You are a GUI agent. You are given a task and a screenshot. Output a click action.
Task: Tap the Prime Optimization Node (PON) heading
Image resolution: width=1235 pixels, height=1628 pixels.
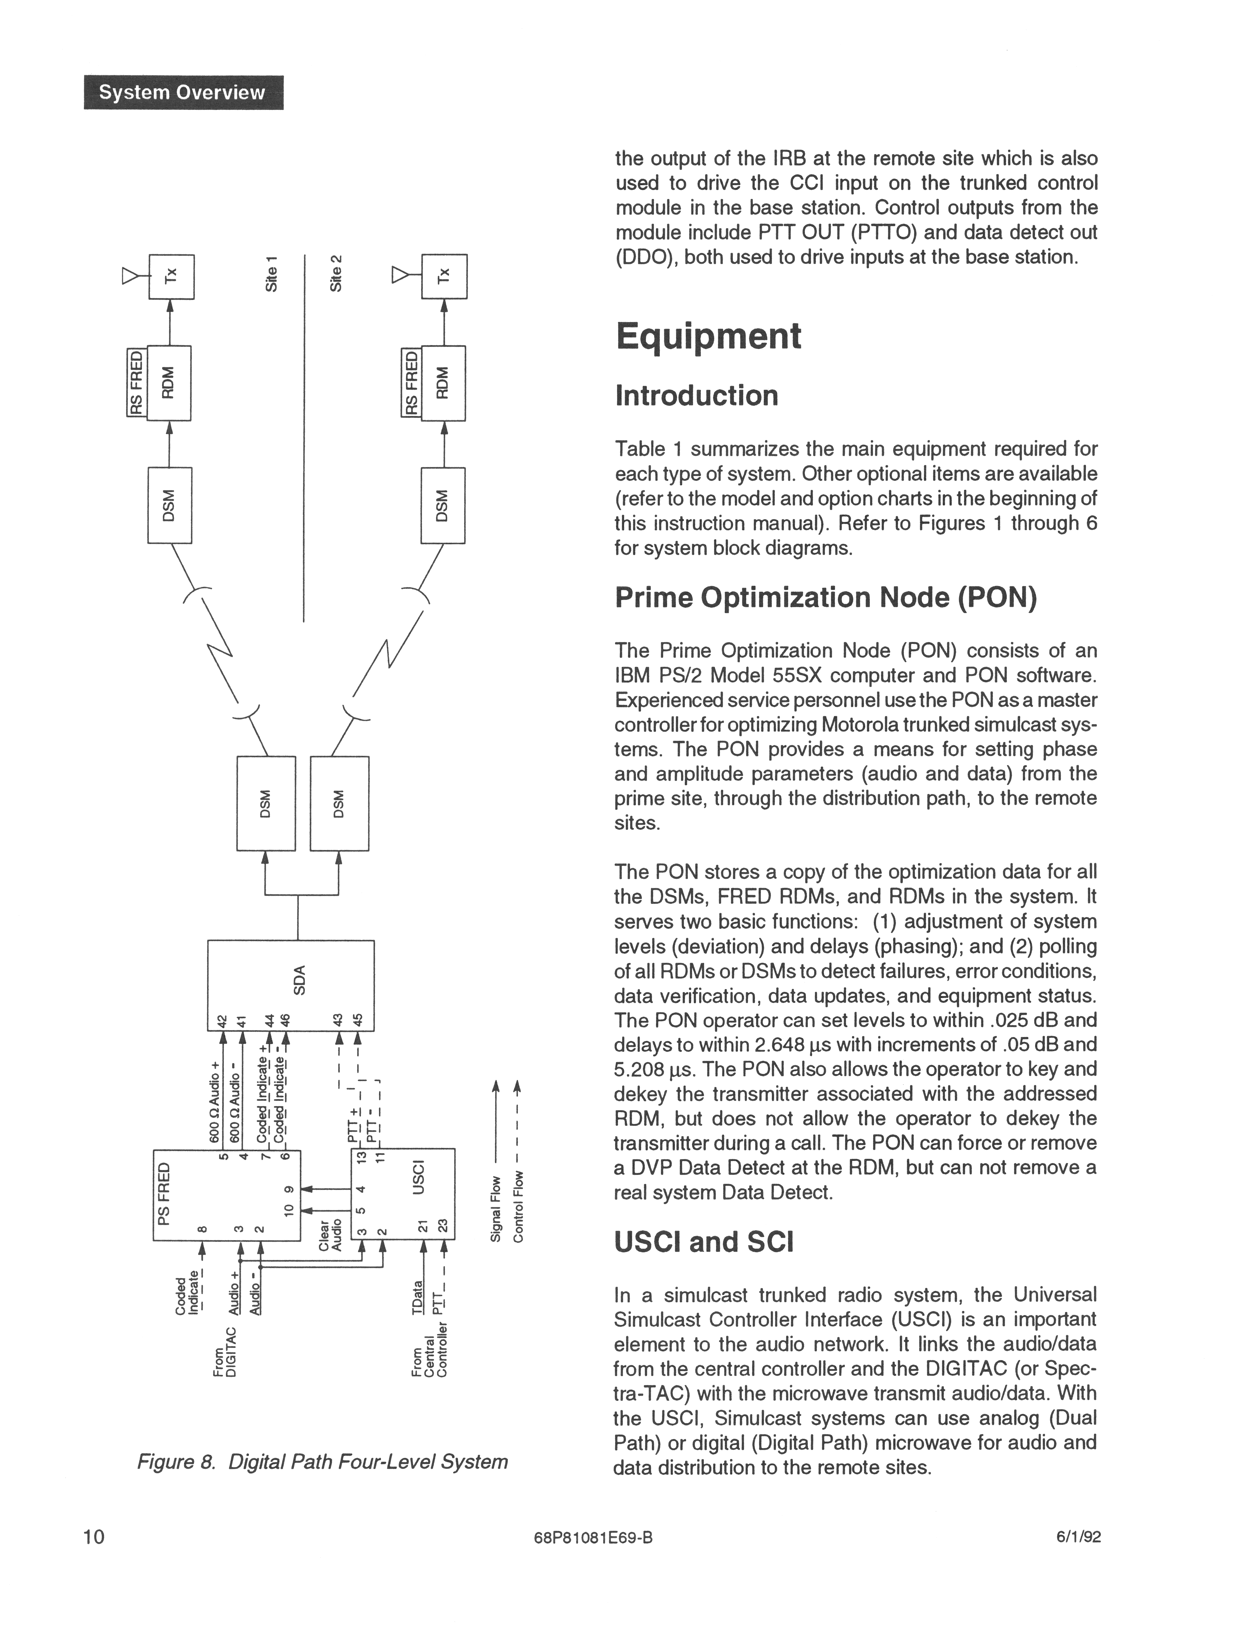(x=825, y=598)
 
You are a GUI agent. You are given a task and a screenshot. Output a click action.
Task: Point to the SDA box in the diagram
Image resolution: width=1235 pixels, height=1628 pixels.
(x=291, y=985)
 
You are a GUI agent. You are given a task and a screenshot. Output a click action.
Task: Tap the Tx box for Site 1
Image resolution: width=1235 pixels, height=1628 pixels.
(x=171, y=277)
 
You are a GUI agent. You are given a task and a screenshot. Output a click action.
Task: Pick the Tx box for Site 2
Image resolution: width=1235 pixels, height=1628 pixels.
(x=444, y=277)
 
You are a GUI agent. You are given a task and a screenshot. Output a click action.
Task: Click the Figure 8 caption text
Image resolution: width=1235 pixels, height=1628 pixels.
(x=322, y=1461)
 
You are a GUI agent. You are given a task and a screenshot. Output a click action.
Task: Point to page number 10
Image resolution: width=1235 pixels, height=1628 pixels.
(x=94, y=1537)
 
